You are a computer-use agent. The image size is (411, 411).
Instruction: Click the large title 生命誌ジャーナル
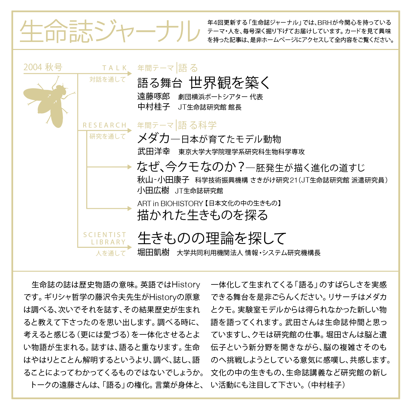coord(110,31)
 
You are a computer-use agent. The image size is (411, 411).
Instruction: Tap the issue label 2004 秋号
coord(43,67)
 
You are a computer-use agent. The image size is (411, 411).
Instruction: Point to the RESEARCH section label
coord(105,125)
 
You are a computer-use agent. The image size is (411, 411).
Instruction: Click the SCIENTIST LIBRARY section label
coord(105,238)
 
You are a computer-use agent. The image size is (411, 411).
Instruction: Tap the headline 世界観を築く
coord(229,83)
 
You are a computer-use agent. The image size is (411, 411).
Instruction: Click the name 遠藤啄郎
coord(154,97)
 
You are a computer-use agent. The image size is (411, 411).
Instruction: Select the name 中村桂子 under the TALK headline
coord(154,107)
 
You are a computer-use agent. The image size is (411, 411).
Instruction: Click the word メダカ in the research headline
coord(154,138)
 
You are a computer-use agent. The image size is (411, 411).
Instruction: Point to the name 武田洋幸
coord(154,152)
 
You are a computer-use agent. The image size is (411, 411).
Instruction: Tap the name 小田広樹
coord(153,191)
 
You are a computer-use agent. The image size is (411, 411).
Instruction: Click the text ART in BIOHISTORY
coord(170,204)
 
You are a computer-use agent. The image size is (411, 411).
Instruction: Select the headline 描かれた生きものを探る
coord(203,215)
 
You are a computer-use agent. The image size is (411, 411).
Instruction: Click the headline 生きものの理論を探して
coord(212,238)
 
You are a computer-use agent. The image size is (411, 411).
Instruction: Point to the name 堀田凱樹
coord(153,252)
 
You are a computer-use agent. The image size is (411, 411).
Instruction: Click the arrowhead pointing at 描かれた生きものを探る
coord(130,208)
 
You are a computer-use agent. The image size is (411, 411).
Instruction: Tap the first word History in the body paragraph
coord(186,285)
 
